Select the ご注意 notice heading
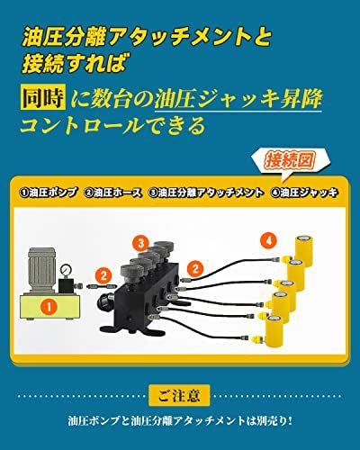click(179, 393)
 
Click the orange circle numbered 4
click(267, 240)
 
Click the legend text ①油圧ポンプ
click(48, 192)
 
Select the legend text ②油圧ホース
click(114, 192)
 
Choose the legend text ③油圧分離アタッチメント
click(206, 192)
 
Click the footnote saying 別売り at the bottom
click(179, 419)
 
